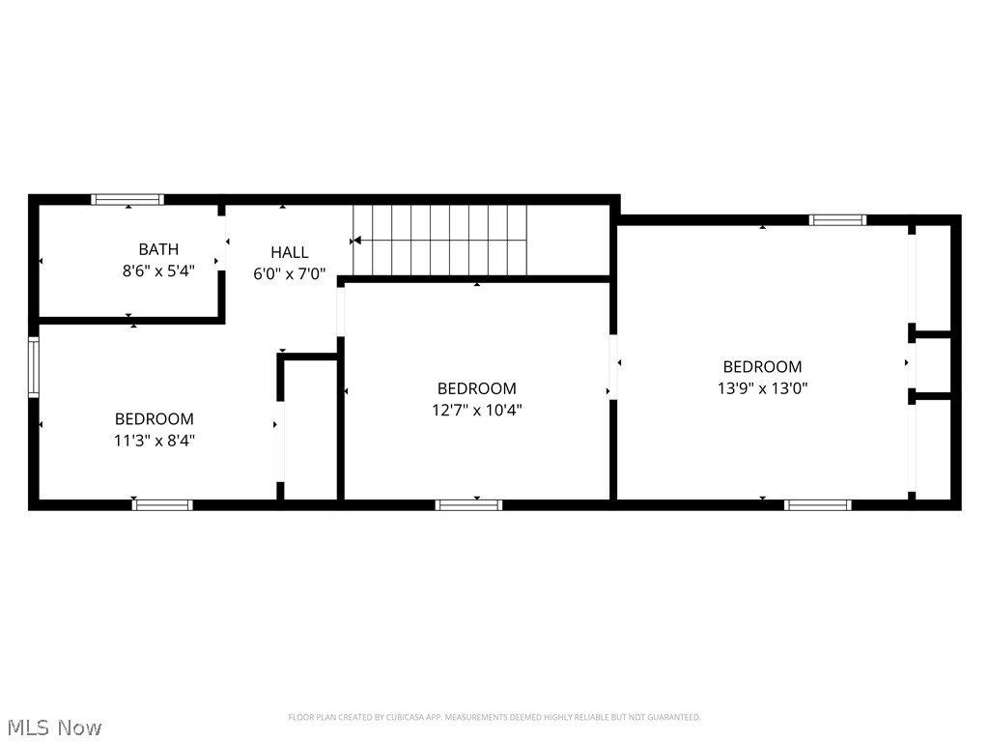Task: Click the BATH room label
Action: click(x=158, y=249)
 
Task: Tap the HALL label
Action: click(x=290, y=252)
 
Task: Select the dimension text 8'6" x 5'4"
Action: click(x=158, y=271)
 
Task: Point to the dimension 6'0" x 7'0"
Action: click(x=290, y=273)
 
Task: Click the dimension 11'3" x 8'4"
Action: click(x=155, y=441)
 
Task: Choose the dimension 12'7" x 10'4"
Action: click(x=477, y=410)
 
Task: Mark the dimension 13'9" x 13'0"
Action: click(x=762, y=388)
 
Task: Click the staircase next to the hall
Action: click(x=441, y=240)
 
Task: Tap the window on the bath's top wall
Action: click(x=127, y=200)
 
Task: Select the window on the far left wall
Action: click(x=34, y=367)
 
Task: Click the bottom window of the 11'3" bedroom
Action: click(x=162, y=504)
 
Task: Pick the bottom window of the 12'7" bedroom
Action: click(x=468, y=504)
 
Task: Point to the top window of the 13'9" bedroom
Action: click(x=837, y=220)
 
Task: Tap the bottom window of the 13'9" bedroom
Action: click(x=817, y=504)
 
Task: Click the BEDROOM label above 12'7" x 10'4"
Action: click(x=477, y=388)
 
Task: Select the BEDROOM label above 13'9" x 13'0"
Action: click(x=762, y=367)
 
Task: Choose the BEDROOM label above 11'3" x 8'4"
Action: click(x=155, y=419)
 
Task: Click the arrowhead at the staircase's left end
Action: click(x=356, y=240)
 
